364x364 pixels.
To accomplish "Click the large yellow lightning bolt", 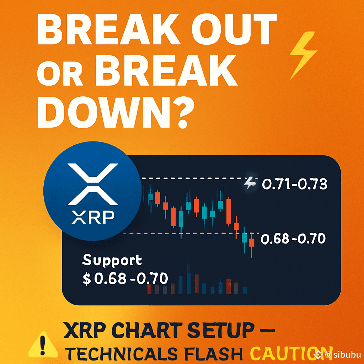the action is click(x=303, y=55).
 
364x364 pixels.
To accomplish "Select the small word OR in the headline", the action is click(x=60, y=74).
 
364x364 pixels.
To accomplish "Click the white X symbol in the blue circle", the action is click(x=93, y=184).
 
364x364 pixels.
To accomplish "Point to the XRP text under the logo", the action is click(x=93, y=217).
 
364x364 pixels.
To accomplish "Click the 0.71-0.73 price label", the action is click(x=295, y=184).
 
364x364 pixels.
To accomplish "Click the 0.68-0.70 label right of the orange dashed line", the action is click(x=293, y=239).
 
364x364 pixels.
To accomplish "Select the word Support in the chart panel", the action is click(x=112, y=260).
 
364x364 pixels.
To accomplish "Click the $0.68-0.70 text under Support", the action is click(x=125, y=278).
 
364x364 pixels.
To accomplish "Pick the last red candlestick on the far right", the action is click(x=252, y=245).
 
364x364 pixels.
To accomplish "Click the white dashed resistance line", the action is click(x=200, y=178).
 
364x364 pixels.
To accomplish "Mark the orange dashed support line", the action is click(x=191, y=233).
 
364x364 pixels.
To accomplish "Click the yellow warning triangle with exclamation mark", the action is click(x=43, y=344).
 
